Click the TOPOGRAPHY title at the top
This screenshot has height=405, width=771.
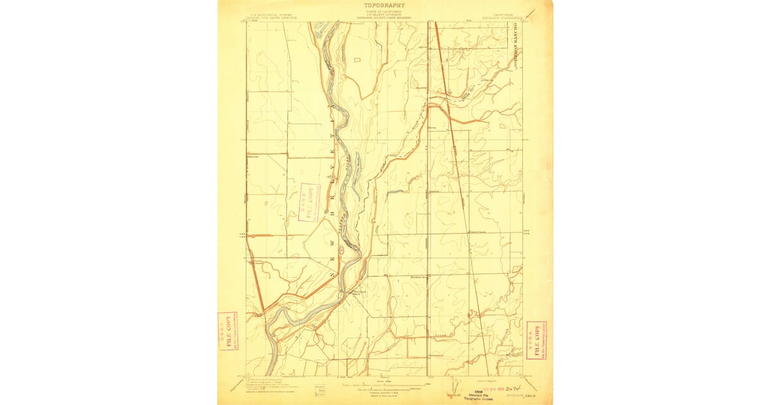point(384,5)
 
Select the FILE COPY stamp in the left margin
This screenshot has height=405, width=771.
point(227,332)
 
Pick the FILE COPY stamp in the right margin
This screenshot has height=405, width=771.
point(536,339)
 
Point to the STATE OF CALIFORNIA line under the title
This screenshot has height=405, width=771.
point(384,12)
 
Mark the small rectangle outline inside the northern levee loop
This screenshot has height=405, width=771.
point(358,60)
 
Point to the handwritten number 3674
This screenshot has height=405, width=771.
point(513,389)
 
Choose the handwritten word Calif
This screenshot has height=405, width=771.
point(531,396)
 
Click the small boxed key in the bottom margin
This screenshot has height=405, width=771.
point(320,390)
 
